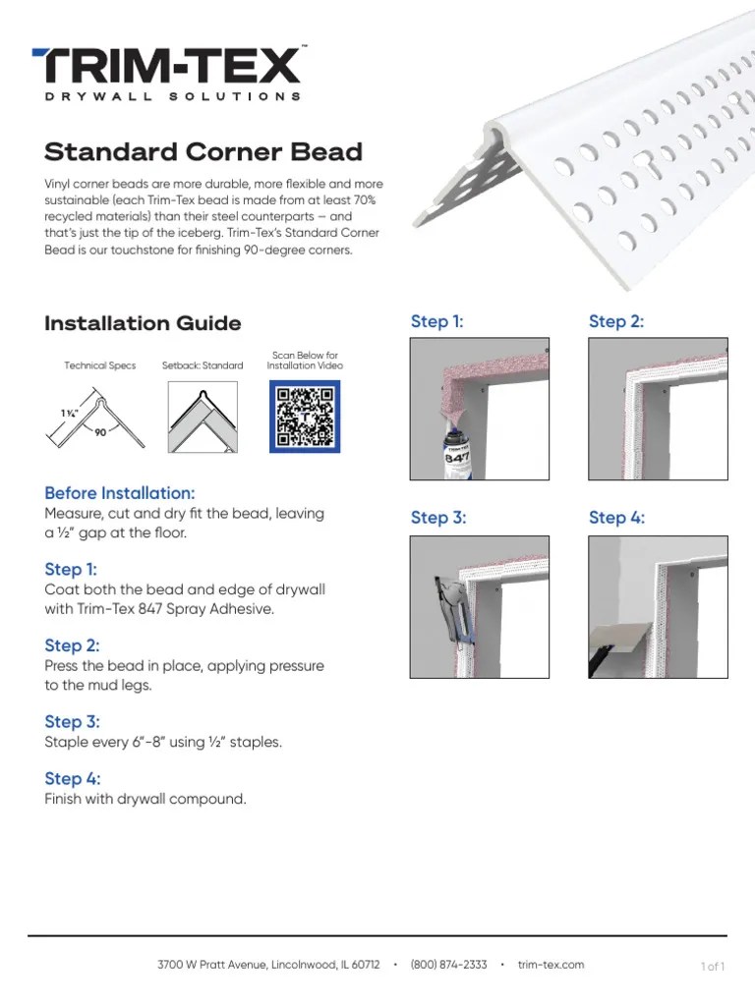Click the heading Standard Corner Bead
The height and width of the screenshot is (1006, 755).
(203, 152)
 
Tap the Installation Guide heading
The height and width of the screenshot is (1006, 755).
(143, 323)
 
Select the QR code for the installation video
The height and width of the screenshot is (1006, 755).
(305, 417)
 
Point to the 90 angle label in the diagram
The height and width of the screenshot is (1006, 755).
(100, 431)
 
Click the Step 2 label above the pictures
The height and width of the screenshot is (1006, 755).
(616, 321)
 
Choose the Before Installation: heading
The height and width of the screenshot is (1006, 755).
(119, 492)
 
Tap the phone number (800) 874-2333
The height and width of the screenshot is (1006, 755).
(448, 965)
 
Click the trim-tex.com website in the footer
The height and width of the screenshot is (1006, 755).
(551, 965)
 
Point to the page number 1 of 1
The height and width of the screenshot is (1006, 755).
(713, 967)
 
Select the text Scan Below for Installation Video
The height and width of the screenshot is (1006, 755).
(305, 361)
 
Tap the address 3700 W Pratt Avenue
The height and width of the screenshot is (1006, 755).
(212, 965)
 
